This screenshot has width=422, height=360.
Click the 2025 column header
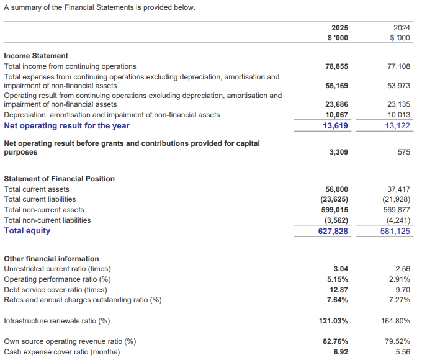(x=339, y=28)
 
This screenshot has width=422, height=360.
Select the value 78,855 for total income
(x=337, y=66)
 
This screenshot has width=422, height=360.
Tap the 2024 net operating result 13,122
(x=398, y=126)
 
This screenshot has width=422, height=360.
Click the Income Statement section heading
(x=36, y=56)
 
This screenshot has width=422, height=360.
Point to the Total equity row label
(x=27, y=231)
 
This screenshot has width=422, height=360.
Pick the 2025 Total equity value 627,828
(x=333, y=231)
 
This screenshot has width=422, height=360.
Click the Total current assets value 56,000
(x=337, y=189)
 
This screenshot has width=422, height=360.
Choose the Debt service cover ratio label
(x=55, y=290)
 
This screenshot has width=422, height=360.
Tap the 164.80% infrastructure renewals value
(x=395, y=322)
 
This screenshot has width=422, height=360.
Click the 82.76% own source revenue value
(x=335, y=341)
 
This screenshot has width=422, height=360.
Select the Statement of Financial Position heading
(x=59, y=179)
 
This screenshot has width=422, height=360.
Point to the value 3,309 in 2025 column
(x=339, y=152)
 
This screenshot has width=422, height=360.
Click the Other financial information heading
(x=52, y=259)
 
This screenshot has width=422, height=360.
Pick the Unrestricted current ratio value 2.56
(x=402, y=269)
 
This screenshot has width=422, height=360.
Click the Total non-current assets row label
(x=44, y=210)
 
